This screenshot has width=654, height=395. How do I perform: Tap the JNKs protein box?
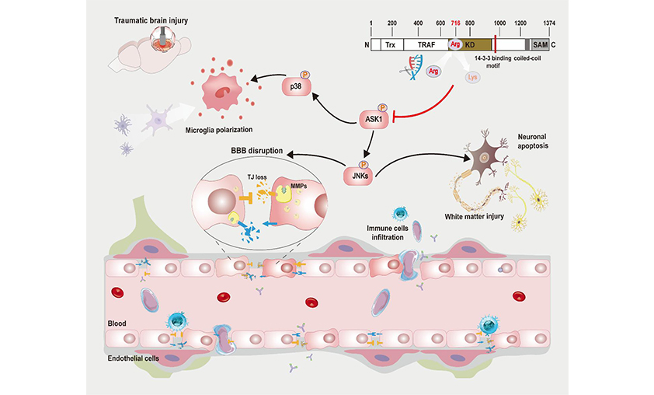359,176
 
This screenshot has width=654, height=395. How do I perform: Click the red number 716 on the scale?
456,24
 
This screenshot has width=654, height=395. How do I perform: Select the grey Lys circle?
472,77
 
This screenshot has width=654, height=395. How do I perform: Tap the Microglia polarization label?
224,128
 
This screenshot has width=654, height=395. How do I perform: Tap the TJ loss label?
247,177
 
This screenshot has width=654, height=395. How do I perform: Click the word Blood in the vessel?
116,320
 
